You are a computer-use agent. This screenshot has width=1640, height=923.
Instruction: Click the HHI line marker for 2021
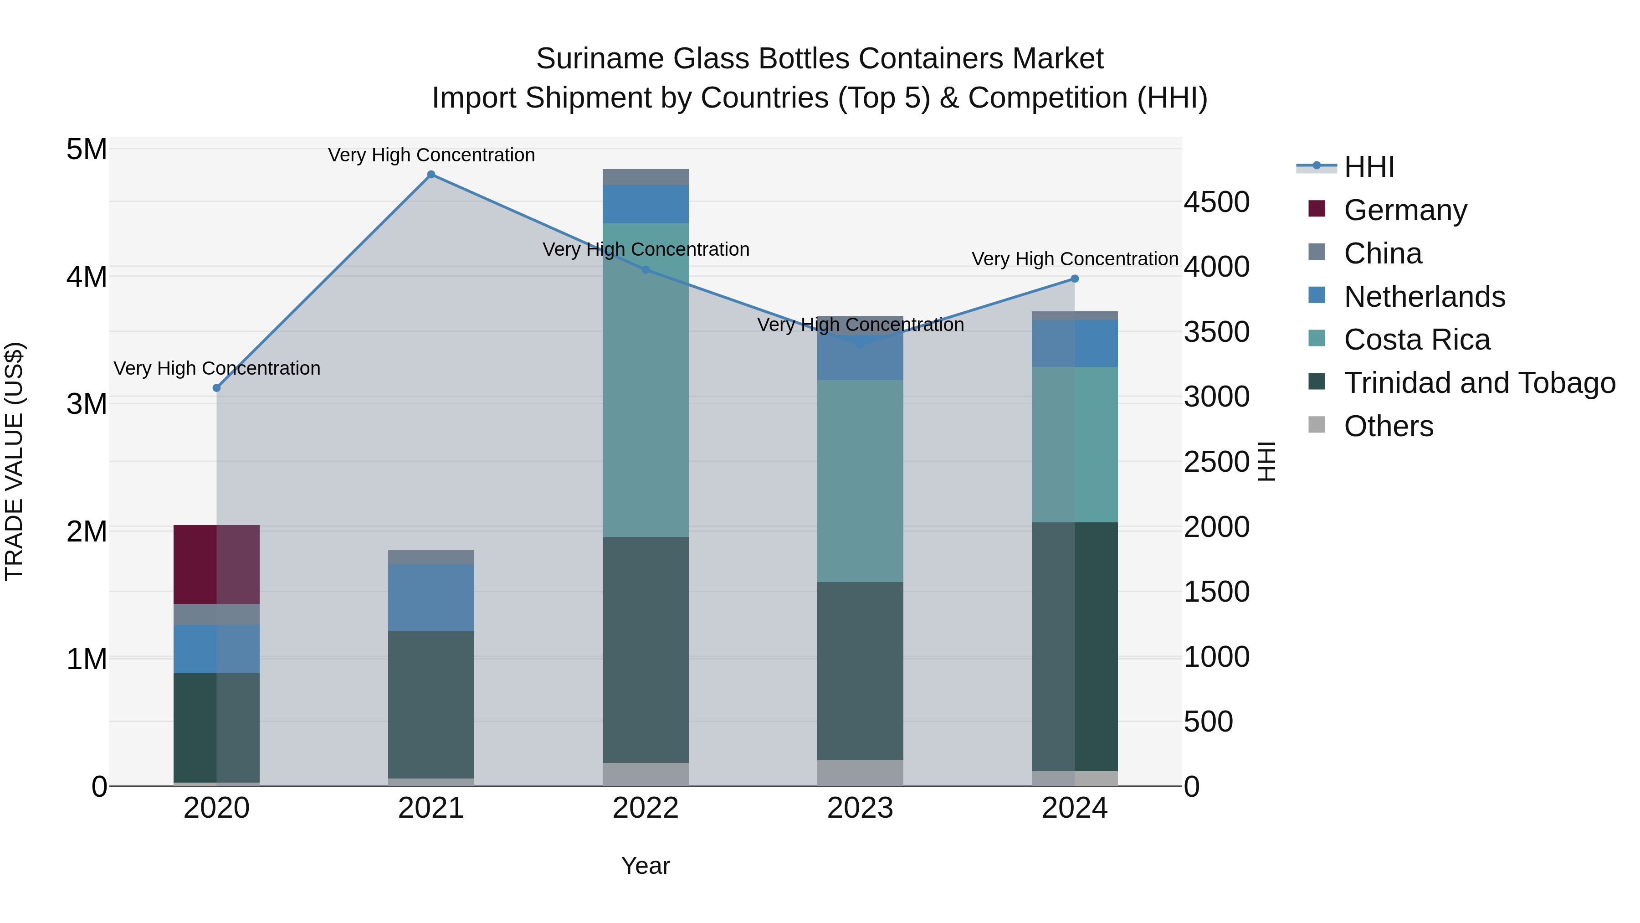click(x=431, y=175)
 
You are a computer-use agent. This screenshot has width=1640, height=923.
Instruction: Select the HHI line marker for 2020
click(x=216, y=388)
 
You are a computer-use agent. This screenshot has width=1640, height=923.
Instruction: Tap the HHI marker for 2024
click(x=1075, y=278)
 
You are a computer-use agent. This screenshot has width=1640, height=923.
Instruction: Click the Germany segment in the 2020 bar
click(x=216, y=564)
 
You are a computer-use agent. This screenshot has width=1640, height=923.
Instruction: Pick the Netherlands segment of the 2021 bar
click(x=431, y=598)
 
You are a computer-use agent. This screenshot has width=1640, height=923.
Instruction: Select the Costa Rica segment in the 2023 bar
click(x=860, y=481)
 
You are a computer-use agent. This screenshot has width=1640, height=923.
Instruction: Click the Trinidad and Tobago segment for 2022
click(x=646, y=650)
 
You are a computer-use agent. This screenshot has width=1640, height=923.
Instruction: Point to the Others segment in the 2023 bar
click(x=860, y=772)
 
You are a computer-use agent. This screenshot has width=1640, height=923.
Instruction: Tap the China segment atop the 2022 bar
click(x=646, y=177)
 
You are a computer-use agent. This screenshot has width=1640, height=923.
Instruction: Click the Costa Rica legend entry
click(x=1416, y=340)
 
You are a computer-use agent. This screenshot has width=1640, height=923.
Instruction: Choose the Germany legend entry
click(x=1405, y=210)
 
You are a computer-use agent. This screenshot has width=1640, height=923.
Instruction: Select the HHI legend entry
click(x=1369, y=167)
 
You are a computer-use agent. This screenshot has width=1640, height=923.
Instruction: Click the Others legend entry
click(x=1388, y=426)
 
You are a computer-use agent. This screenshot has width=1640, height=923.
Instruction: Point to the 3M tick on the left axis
click(x=87, y=403)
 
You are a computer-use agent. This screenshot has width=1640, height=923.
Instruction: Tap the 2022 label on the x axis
click(x=646, y=808)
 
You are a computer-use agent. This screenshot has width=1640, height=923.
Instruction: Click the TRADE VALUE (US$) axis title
click(x=14, y=461)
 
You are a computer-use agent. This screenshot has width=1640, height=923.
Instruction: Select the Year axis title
click(x=646, y=866)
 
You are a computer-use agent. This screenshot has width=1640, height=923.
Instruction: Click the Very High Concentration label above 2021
click(x=431, y=155)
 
